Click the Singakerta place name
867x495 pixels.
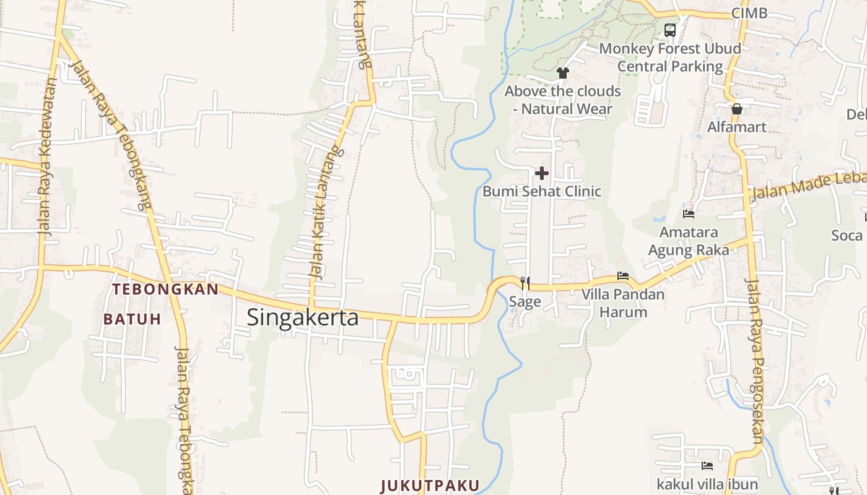[x=303, y=317]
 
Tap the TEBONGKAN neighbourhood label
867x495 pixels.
[x=165, y=289]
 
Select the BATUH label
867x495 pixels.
[x=132, y=319]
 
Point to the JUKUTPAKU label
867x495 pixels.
[x=430, y=485]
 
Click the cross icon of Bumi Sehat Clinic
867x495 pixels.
[x=542, y=173]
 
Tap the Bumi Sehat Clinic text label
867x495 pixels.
[x=542, y=191]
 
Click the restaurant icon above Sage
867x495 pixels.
[x=525, y=283]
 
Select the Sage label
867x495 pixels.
[x=525, y=302]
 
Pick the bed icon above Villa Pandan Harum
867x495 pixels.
[x=623, y=276]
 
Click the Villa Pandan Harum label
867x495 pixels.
[x=623, y=303]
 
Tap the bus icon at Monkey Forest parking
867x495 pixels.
[x=669, y=30]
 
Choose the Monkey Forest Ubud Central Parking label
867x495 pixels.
[x=670, y=57]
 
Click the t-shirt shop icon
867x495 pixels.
[x=562, y=73]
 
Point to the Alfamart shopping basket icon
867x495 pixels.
[x=737, y=110]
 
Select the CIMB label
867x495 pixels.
[x=749, y=13]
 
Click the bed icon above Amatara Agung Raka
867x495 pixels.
[x=688, y=214]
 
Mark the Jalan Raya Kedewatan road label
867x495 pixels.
[x=47, y=156]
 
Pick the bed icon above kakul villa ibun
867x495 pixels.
[x=707, y=465]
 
